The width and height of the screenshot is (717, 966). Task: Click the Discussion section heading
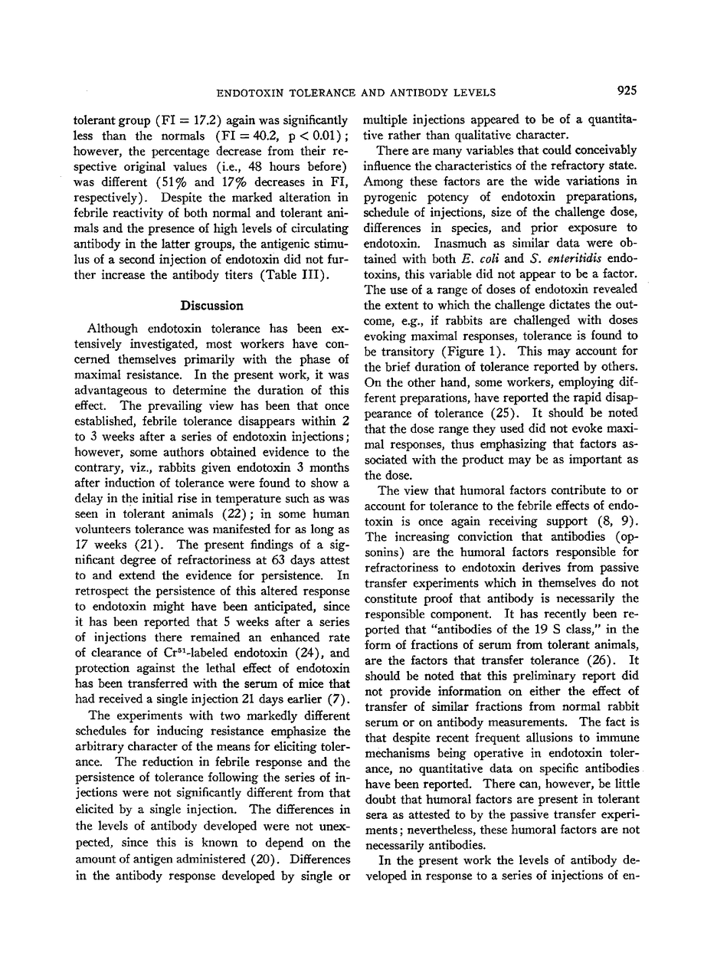pyautogui.click(x=211, y=306)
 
